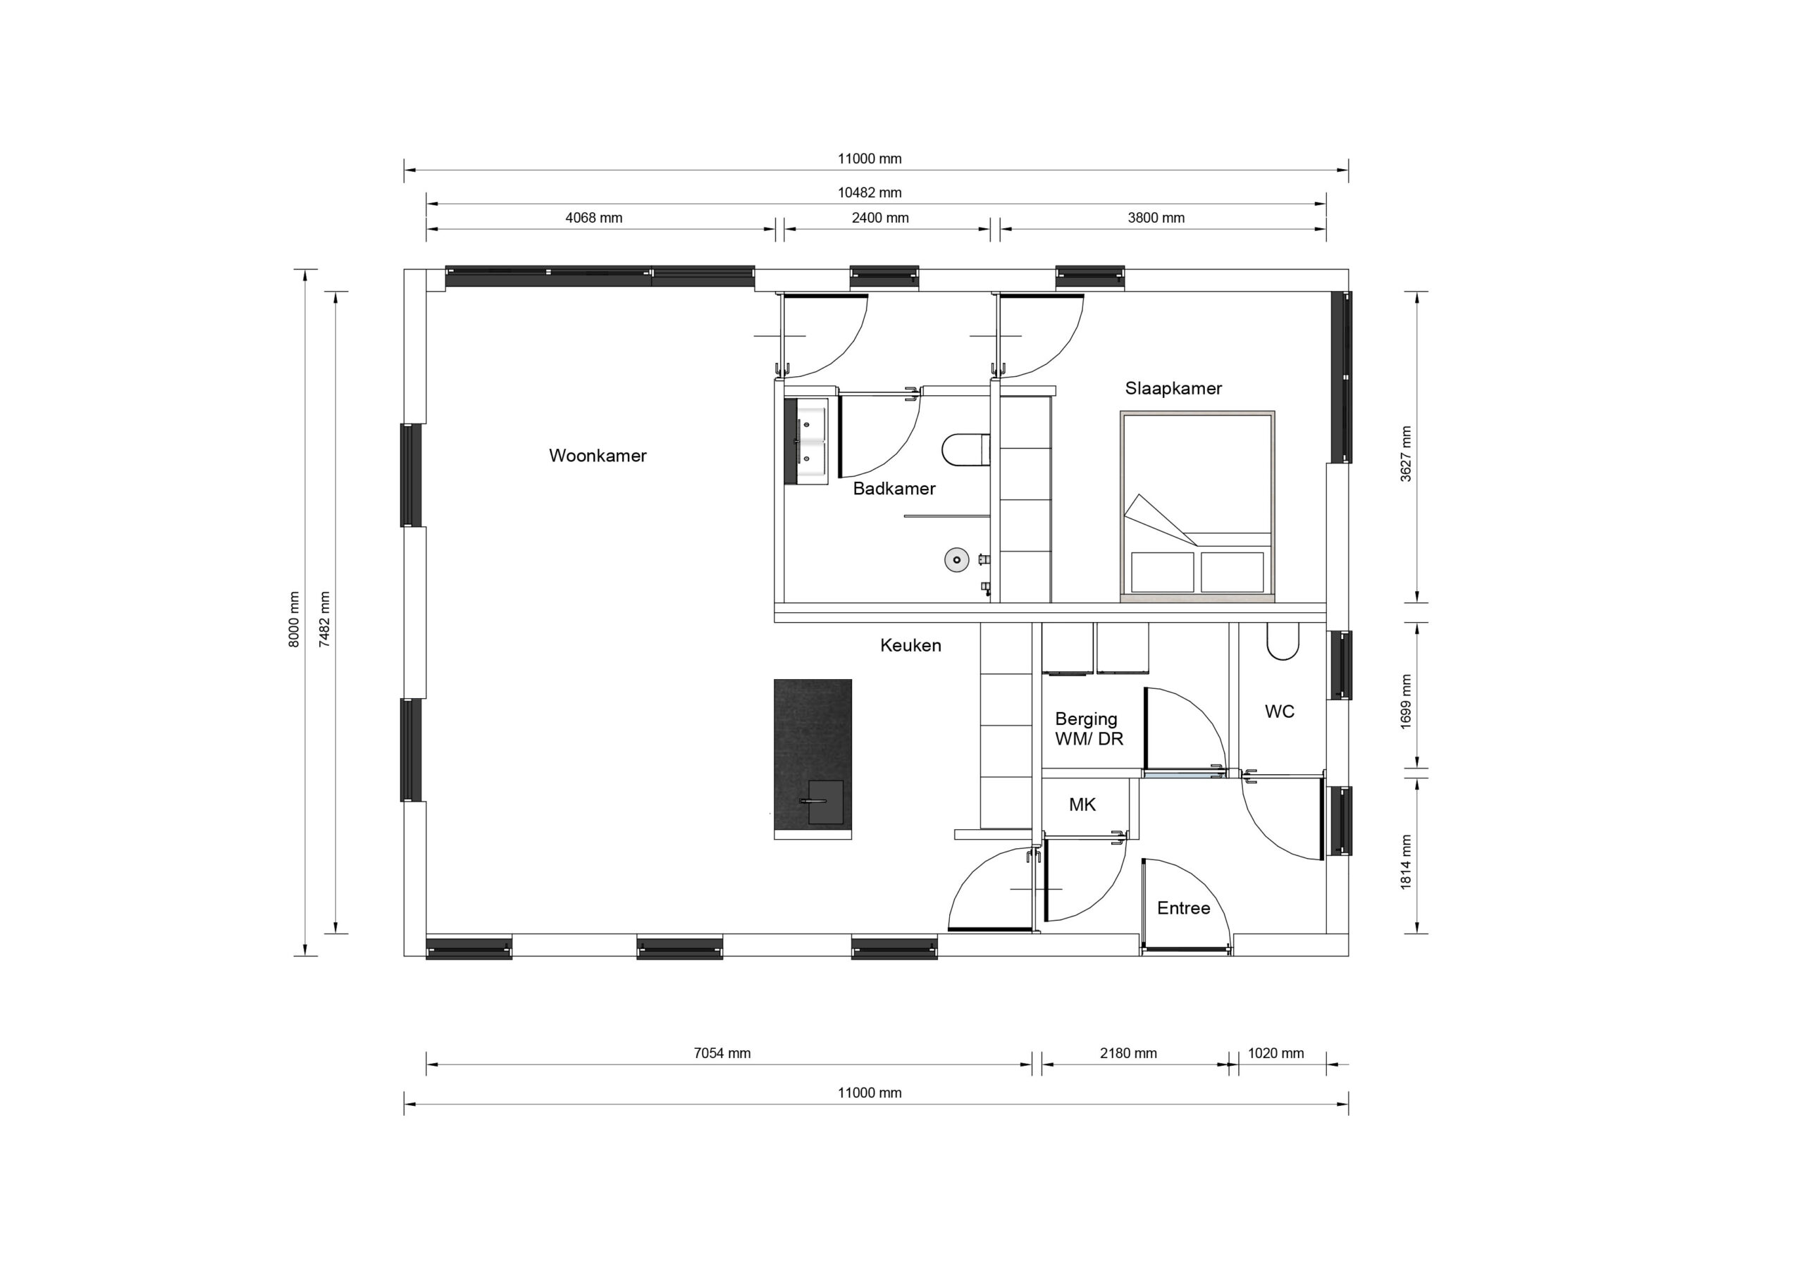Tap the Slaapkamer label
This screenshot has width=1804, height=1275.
point(1173,388)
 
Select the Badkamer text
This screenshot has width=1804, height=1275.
point(894,489)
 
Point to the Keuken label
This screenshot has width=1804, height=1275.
point(910,645)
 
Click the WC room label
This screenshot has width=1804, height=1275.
point(1279,711)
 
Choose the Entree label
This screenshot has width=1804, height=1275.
point(1183,908)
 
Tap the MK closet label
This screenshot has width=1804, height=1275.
point(1082,804)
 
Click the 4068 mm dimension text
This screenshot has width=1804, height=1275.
point(594,218)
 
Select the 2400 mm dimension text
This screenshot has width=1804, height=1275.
point(880,218)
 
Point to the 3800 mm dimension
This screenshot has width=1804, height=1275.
point(1156,218)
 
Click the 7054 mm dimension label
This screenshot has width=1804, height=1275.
point(722,1054)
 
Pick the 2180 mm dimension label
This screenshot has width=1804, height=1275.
point(1128,1054)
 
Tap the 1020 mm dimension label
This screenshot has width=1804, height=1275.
point(1276,1054)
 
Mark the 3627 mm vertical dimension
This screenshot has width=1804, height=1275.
point(1406,454)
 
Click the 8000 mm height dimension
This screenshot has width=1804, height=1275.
point(294,619)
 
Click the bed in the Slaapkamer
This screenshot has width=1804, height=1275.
point(1197,506)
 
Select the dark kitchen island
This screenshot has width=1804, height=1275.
point(813,755)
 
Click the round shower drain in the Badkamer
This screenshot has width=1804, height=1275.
point(956,560)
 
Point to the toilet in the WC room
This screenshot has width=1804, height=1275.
point(1283,641)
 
